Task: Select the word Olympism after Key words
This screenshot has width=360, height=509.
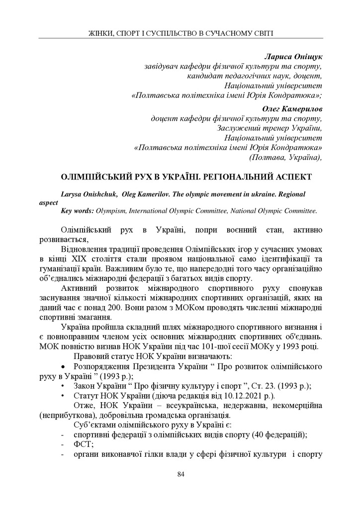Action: click(x=111, y=211)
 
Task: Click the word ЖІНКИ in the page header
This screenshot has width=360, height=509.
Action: click(x=100, y=33)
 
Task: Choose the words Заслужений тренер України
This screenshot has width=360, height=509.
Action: click(x=270, y=128)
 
